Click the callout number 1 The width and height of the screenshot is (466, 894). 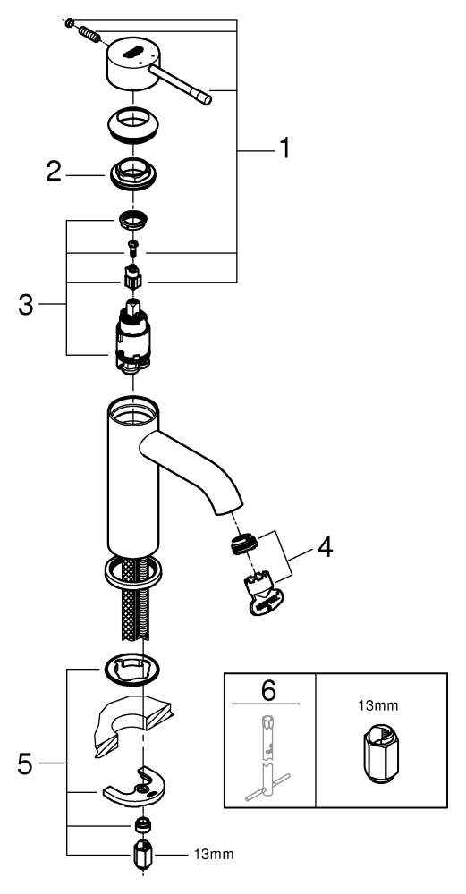tap(284, 148)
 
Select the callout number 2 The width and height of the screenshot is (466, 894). tap(53, 172)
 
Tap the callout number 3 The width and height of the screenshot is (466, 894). tap(26, 305)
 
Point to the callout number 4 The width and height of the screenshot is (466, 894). tap(325, 547)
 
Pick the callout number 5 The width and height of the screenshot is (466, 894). tap(24, 764)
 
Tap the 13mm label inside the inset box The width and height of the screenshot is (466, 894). tap(378, 706)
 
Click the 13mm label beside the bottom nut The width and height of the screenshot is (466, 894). tap(214, 855)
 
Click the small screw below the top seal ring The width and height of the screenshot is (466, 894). tap(132, 247)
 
